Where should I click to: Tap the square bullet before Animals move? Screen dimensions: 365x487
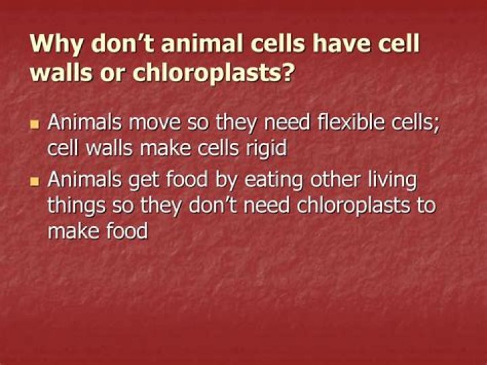(35, 125)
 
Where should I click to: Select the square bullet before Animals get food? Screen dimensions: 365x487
(35, 182)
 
